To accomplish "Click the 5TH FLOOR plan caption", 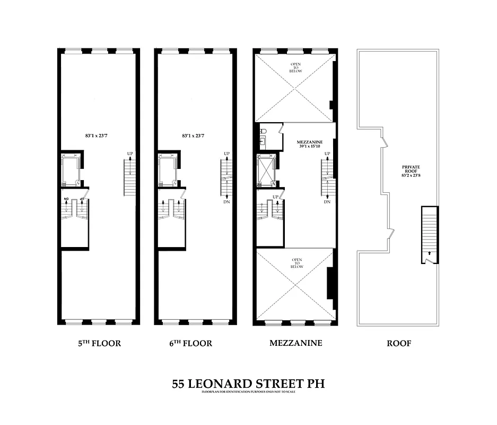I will (x=99, y=343).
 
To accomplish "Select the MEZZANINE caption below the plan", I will (x=295, y=343).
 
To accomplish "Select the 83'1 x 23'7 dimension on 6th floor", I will (x=193, y=136).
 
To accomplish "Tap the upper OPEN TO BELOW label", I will (x=295, y=68).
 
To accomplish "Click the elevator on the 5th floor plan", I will (x=69, y=169).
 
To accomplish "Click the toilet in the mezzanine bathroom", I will (x=263, y=132).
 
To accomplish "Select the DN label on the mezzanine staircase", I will (x=327, y=202).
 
